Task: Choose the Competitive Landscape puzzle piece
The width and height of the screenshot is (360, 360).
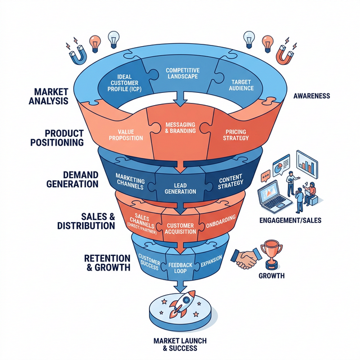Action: pyautogui.click(x=182, y=74)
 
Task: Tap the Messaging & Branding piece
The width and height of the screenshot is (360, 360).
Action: pyautogui.click(x=181, y=128)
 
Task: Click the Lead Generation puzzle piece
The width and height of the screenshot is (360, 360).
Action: pyautogui.click(x=181, y=187)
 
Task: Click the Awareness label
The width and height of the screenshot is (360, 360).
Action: pyautogui.click(x=311, y=96)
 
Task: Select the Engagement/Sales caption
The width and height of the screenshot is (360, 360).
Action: pyautogui.click(x=295, y=220)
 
